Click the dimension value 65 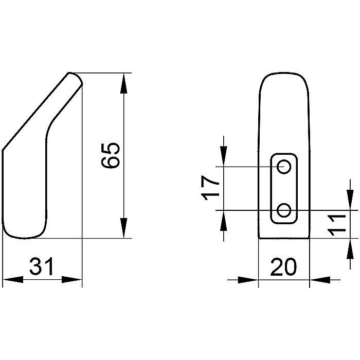point(111,156)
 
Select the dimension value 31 point(41,266)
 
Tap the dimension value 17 point(210,188)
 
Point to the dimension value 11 point(336,226)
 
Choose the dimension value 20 point(283,266)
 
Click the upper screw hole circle point(284,167)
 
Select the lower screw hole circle point(284,210)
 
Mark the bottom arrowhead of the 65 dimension point(124,228)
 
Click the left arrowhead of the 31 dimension point(13,280)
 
